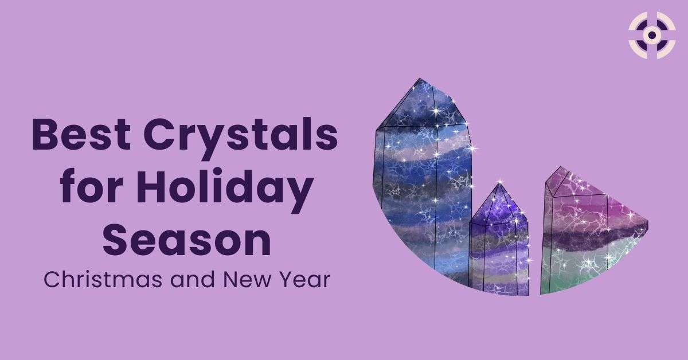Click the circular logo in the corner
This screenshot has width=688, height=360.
click(651, 36)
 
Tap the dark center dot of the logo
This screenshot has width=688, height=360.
click(651, 36)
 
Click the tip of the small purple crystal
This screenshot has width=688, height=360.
click(498, 185)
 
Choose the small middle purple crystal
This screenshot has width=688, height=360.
click(499, 241)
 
